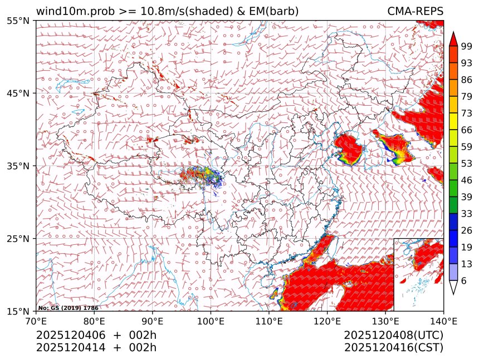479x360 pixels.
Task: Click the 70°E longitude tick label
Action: (36, 320)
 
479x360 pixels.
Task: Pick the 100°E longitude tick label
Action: (211, 320)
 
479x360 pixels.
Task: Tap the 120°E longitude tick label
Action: (327, 320)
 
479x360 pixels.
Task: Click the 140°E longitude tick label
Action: (443, 320)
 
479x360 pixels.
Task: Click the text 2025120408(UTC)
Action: (393, 336)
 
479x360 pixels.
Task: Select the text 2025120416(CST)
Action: (393, 348)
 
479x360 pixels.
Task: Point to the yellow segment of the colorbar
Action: (453, 121)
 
